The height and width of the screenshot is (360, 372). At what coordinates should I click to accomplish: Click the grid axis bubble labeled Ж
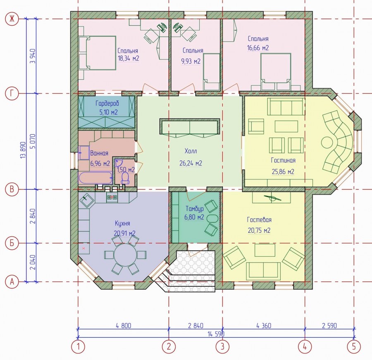(x=12, y=19)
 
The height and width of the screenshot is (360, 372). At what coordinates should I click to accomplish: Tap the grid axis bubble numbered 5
(x=354, y=347)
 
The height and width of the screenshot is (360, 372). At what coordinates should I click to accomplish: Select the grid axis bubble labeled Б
(x=12, y=243)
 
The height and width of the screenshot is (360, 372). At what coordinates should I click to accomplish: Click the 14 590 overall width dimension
(x=216, y=334)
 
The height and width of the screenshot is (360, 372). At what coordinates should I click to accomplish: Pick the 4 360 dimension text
(x=264, y=326)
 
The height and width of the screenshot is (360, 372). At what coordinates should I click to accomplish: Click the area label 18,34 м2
(x=129, y=58)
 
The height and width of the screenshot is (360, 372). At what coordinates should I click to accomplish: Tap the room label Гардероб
(x=107, y=103)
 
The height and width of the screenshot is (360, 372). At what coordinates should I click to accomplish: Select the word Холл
(x=191, y=151)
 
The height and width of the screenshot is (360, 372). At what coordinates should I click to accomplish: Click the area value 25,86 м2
(x=283, y=172)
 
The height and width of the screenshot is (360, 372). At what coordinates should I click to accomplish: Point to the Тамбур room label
(x=195, y=209)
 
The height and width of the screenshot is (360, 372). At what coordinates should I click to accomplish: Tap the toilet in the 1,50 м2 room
(x=125, y=178)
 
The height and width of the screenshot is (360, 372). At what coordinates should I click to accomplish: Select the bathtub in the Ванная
(x=95, y=177)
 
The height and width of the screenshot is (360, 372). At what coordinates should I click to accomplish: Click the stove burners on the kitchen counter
(x=112, y=197)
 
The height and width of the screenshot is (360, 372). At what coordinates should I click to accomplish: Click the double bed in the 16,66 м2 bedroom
(x=276, y=72)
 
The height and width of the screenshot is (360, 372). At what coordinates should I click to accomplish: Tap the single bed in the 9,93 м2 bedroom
(x=211, y=72)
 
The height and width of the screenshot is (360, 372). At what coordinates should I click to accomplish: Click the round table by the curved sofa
(x=328, y=143)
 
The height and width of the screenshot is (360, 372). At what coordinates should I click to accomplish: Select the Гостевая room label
(x=259, y=219)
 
